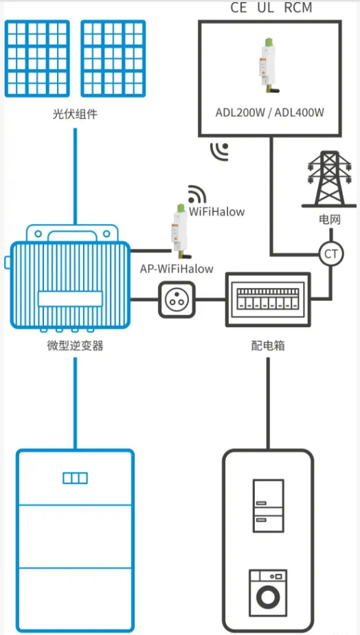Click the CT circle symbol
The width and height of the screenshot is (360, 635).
(x=332, y=254)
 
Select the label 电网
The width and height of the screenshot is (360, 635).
(x=329, y=220)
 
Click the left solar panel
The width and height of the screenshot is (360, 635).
(x=37, y=58)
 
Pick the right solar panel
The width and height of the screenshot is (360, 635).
(x=113, y=58)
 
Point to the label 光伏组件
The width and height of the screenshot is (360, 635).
(x=75, y=114)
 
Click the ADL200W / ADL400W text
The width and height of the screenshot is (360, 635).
(x=270, y=113)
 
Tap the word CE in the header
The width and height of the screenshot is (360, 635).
(x=238, y=8)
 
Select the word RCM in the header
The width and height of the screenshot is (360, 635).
(x=298, y=8)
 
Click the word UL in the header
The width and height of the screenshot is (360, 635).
(x=266, y=8)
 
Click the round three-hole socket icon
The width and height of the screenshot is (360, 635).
(x=177, y=300)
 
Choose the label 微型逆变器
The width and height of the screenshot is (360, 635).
(x=75, y=346)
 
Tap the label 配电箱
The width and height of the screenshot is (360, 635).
(x=268, y=346)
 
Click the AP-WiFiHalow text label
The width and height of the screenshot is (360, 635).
(x=177, y=269)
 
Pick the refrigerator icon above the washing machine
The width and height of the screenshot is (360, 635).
(x=268, y=506)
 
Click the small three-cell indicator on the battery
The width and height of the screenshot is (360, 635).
(x=75, y=478)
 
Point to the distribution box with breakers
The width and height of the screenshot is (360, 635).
(x=268, y=300)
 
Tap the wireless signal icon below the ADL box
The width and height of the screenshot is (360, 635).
(x=218, y=151)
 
